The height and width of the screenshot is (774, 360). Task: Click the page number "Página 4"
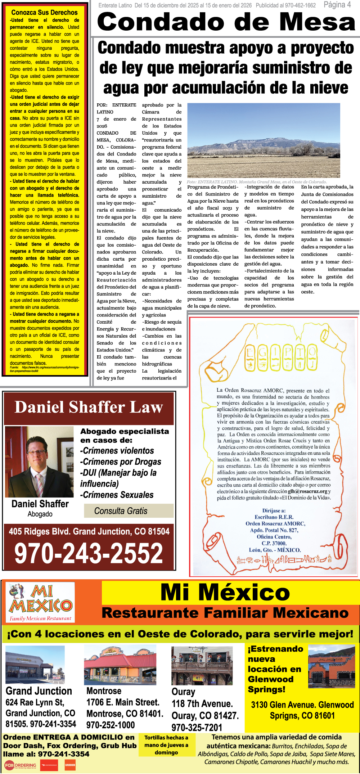337,5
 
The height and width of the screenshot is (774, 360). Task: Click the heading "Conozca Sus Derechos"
44,13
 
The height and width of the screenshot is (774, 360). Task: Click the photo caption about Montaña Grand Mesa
257,182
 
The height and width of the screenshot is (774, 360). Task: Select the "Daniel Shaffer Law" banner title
89,408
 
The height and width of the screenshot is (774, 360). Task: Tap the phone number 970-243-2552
89,553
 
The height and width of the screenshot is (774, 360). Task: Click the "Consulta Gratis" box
121,511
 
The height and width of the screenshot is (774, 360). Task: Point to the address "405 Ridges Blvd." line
89,531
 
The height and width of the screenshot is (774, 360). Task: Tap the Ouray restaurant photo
202,665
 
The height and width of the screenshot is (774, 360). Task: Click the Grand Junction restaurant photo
35,665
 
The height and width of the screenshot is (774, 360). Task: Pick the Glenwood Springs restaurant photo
332,666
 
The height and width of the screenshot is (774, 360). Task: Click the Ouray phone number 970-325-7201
197,727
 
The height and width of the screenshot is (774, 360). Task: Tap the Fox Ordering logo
20,765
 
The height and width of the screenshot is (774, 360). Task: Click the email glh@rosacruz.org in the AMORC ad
307,491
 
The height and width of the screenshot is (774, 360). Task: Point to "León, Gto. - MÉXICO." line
275,550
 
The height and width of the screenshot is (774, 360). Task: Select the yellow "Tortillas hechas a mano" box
166,745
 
